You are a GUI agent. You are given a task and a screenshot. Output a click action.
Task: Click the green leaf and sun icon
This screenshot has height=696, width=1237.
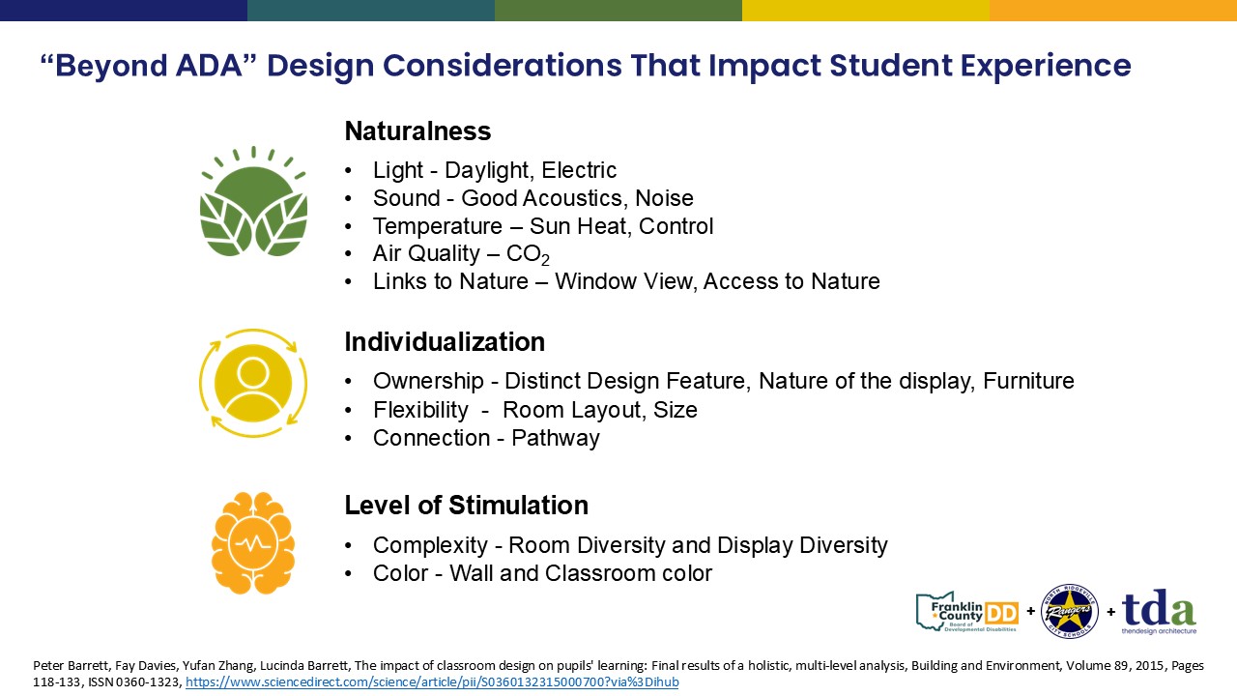[x=253, y=201]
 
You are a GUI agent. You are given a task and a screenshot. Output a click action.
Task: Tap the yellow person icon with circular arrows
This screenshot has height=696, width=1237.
[x=253, y=384]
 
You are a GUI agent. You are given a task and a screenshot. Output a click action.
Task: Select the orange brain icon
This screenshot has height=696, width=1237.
[x=253, y=543]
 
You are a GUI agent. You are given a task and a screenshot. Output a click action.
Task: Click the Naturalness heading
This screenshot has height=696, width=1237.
[x=417, y=131]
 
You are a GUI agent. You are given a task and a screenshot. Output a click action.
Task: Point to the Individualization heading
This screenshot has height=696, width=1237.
[x=445, y=342]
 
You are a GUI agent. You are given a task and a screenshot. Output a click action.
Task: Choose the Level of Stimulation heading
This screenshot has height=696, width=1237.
[x=467, y=506]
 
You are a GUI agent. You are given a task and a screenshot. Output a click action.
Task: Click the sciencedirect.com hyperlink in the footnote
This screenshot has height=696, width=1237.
[x=432, y=682]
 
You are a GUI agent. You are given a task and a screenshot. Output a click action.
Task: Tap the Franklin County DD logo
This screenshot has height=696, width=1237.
[x=967, y=612]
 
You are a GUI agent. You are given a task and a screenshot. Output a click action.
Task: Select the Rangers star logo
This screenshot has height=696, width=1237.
[x=1070, y=611]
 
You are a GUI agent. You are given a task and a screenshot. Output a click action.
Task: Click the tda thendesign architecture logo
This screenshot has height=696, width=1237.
[x=1159, y=612]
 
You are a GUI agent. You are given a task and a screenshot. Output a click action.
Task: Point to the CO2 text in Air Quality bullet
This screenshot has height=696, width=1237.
[x=528, y=254]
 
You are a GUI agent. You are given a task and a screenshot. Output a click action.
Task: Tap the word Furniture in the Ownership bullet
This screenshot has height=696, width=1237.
[x=1029, y=381]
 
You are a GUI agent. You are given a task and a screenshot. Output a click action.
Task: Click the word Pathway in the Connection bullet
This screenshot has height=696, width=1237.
[x=556, y=439]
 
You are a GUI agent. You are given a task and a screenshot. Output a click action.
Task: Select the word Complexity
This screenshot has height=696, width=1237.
[x=430, y=546]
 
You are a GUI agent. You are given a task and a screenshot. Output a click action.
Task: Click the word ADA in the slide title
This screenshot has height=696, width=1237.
[x=210, y=65]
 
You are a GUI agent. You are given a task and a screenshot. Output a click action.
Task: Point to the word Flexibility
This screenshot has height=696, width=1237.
[x=420, y=411]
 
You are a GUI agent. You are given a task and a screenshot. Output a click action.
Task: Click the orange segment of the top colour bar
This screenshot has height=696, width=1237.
[x=1113, y=11]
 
